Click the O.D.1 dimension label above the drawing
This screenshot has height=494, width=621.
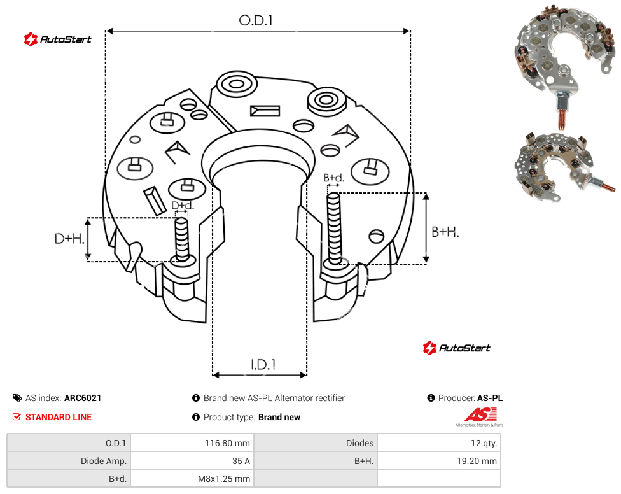pos(256,20)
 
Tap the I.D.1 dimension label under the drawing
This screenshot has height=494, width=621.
pos(263,365)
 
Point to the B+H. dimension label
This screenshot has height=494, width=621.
pos(445,232)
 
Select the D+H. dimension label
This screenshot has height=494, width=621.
pos(69,239)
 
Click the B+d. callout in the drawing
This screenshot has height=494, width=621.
pos(334,178)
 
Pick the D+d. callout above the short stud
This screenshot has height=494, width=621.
pos(183,206)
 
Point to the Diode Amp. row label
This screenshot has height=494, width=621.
pos(104,461)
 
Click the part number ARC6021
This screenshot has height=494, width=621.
pos(83,398)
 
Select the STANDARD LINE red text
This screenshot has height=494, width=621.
pos(59,417)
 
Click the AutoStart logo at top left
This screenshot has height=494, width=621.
pos(58,39)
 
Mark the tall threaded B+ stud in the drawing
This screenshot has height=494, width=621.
pos(334,229)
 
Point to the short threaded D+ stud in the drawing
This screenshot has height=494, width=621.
pos(182,239)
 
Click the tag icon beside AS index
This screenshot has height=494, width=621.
pos(17,398)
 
